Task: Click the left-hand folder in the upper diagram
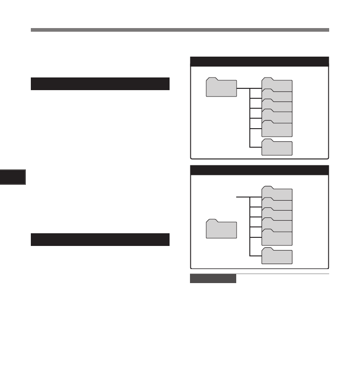[x=221, y=88]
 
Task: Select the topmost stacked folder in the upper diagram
[x=277, y=85]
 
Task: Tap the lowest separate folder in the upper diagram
[x=277, y=148]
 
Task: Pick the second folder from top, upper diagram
[x=277, y=96]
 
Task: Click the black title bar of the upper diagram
[x=259, y=62]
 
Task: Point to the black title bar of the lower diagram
[x=259, y=170]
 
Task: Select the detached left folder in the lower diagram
[x=221, y=229]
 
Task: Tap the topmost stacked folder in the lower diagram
[x=277, y=194]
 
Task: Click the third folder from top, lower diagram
[x=277, y=214]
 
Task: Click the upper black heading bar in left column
[x=100, y=84]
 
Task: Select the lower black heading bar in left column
[x=100, y=240]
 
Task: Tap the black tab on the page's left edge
[x=13, y=177]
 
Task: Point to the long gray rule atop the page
[x=180, y=30]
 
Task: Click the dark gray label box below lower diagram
[x=213, y=279]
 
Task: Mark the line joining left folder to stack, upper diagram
[x=243, y=88]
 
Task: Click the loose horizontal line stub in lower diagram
[x=243, y=197]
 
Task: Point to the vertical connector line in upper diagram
[x=250, y=118]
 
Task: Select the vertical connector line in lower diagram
[x=250, y=226]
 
